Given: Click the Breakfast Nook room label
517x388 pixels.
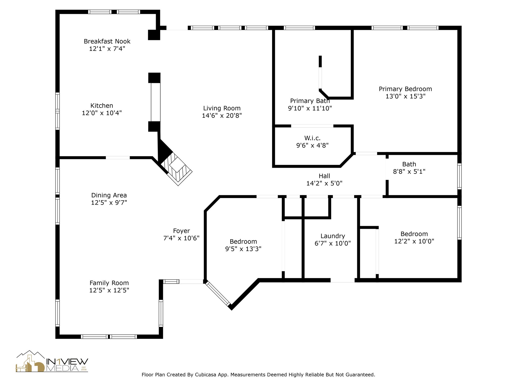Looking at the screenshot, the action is [107, 41].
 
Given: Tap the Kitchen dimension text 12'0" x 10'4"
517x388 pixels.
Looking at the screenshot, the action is [102, 113].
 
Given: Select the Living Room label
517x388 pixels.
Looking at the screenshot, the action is [222, 108].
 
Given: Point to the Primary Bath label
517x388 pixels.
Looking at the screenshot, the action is [310, 101].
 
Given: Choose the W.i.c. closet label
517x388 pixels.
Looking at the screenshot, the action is [312, 138].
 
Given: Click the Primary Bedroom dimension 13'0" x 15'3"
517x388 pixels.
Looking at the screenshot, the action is [405, 96].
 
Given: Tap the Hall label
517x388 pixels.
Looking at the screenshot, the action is [324, 176].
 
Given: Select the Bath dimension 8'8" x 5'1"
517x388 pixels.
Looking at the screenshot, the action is [409, 172].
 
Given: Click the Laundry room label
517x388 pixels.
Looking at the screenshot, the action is [333, 236].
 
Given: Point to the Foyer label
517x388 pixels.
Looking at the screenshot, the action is [182, 231].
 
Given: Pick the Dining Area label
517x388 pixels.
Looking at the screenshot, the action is [109, 195].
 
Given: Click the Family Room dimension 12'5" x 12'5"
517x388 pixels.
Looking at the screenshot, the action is [109, 290].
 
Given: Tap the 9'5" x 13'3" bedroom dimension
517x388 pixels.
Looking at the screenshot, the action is [243, 249].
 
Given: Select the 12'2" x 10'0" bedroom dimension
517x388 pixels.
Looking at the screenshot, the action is [414, 241].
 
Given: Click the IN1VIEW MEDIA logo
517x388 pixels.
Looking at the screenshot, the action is [52, 361].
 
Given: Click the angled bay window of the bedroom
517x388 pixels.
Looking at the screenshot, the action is [218, 294].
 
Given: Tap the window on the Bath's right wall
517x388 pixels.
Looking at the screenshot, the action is [459, 176].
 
